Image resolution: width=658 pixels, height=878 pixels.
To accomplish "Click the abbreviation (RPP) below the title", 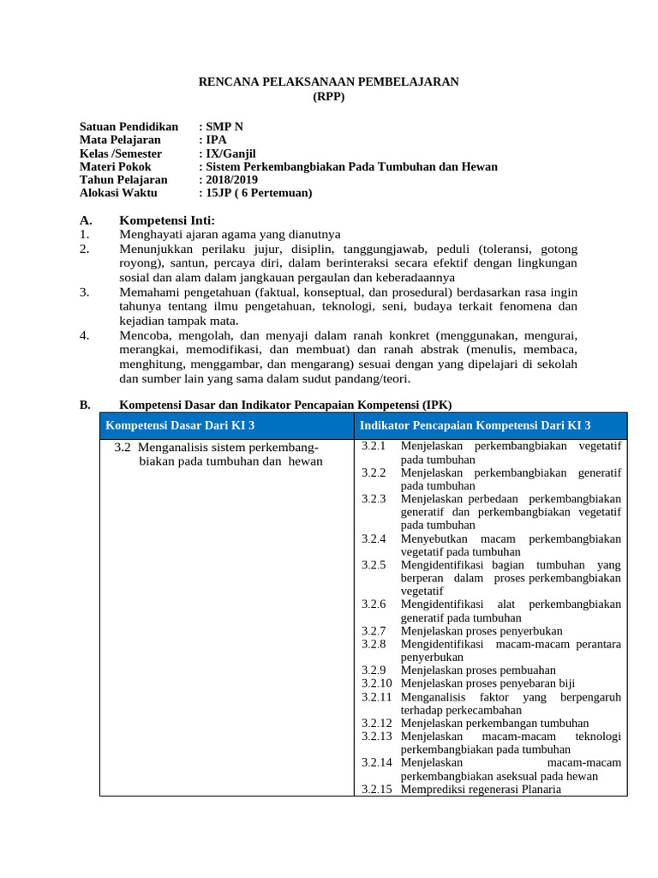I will (x=329, y=97).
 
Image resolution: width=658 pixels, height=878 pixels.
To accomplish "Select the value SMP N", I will (x=226, y=126).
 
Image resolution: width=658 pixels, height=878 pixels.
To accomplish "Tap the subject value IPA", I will (x=218, y=140).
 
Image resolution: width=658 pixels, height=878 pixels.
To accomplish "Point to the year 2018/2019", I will (x=231, y=180).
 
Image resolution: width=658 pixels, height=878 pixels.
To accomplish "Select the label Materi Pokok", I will (x=115, y=166).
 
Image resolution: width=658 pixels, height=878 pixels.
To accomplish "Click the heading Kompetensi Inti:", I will (x=167, y=220).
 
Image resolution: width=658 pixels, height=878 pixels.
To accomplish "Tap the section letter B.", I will (x=85, y=405).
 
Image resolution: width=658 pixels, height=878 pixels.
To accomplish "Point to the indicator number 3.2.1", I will (x=374, y=446).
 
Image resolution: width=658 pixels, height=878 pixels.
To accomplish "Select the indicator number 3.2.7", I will (x=374, y=630).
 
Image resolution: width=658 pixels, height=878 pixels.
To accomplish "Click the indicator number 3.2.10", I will (x=376, y=683).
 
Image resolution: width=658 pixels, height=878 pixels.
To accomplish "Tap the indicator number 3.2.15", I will (x=376, y=789).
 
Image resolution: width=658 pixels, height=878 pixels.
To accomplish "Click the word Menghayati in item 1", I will (x=151, y=233).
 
